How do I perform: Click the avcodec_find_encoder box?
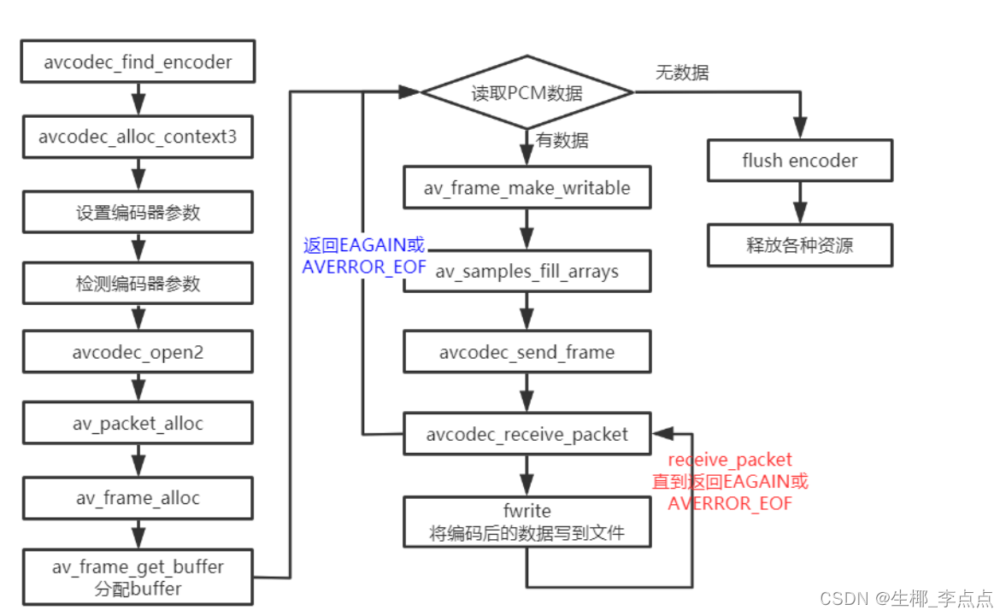138,62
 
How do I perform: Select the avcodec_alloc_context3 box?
138,137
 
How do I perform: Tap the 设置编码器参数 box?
138,212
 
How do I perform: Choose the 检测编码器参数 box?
138,284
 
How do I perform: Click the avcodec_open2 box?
138,352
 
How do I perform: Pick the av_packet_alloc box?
138,424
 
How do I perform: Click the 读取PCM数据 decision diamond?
527,93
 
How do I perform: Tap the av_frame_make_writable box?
527,188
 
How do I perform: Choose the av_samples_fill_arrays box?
527,272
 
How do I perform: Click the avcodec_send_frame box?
527,352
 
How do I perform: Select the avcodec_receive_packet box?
527,435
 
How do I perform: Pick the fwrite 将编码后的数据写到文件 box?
527,522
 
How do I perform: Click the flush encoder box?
799,160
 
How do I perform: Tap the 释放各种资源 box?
799,245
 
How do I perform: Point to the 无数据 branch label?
681,73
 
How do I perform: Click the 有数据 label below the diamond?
562,140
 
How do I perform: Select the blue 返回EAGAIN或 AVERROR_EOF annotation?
364,255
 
